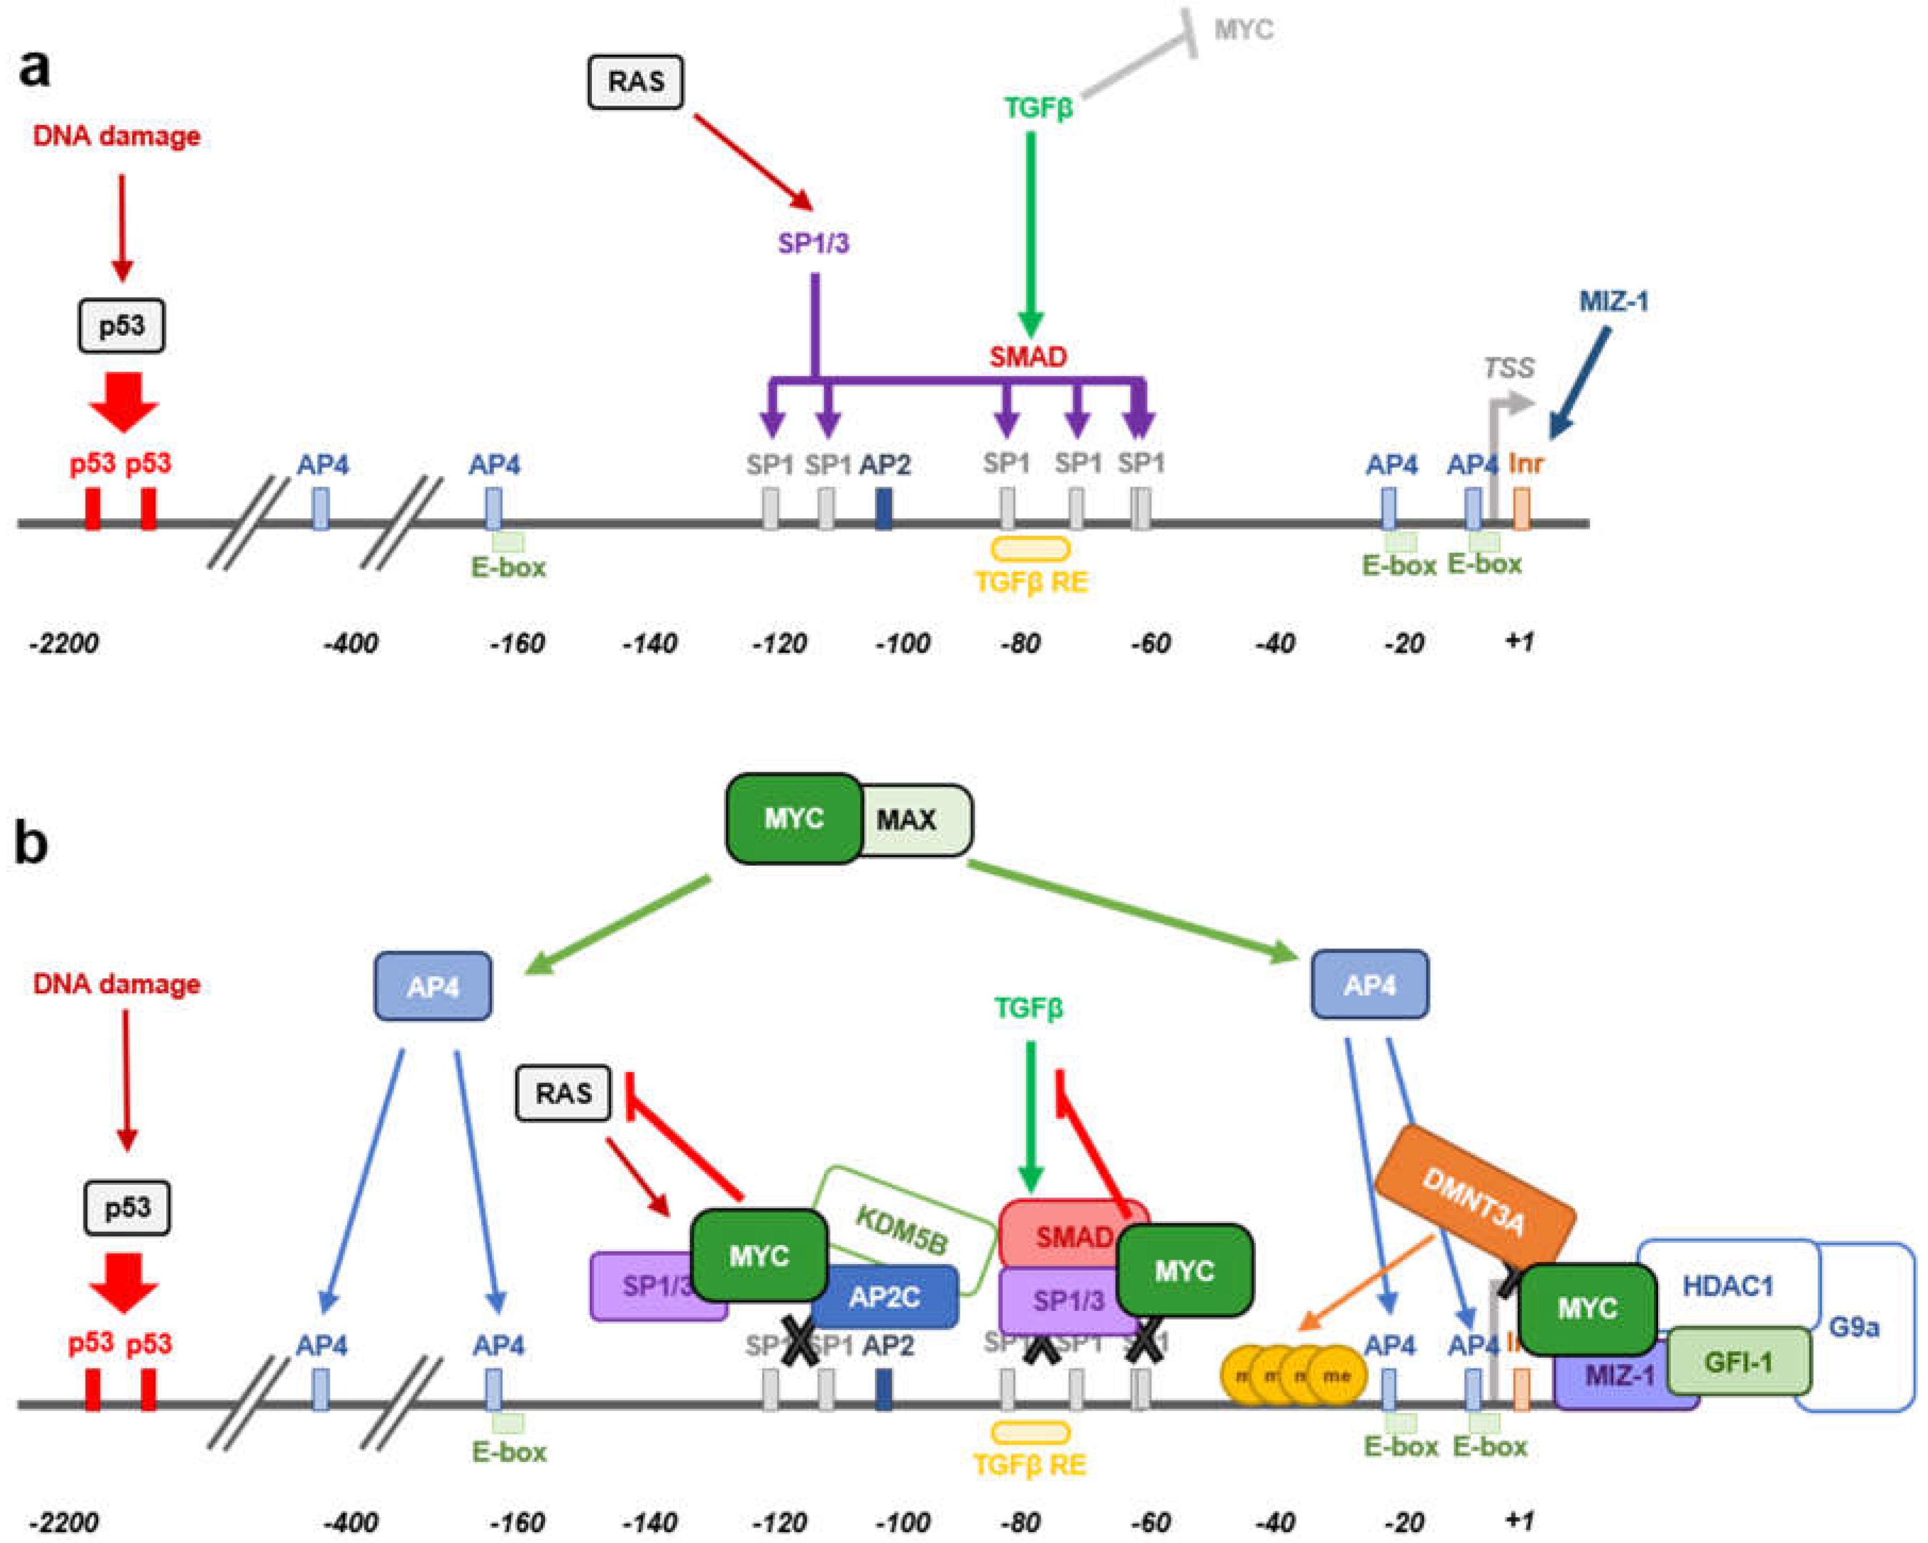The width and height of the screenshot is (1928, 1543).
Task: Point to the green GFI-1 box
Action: pos(1737,1362)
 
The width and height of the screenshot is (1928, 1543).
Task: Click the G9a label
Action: pos(1853,1327)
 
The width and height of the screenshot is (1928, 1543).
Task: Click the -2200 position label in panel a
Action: pos(64,643)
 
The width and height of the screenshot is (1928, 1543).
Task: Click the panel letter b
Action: pos(31,843)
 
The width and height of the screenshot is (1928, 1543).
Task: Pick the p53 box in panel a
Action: pos(121,325)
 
